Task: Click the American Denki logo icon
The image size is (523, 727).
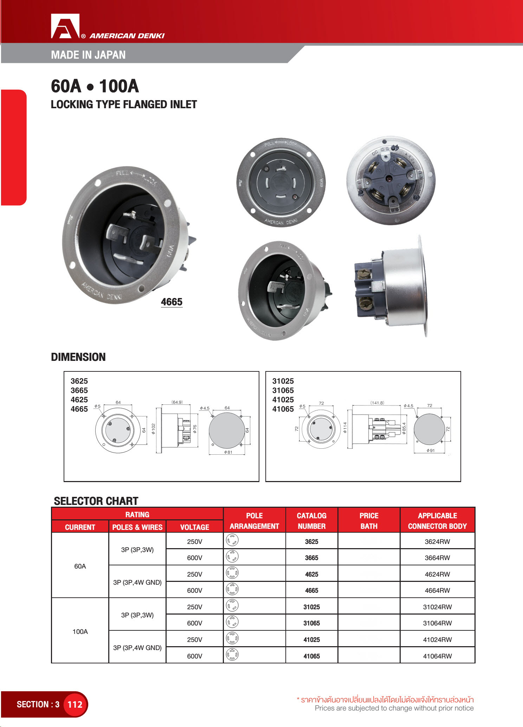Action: pos(65,26)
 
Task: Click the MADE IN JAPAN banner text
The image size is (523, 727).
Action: pos(88,55)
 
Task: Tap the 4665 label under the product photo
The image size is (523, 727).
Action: pos(172,302)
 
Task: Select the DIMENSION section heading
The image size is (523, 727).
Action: pos(78,357)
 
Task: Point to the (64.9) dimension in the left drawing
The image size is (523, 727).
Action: pos(177,402)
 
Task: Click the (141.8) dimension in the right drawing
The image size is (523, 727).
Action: pos(377,403)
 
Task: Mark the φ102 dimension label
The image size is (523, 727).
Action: pos(153,429)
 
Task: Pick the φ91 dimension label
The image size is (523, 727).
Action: pos(430,450)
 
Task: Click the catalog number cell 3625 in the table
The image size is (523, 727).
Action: pos(311,541)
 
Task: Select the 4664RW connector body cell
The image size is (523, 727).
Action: pos(437,590)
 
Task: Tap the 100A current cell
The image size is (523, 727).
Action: pos(80,631)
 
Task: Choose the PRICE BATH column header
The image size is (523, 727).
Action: pos(369,521)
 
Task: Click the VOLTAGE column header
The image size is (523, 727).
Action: pos(194,527)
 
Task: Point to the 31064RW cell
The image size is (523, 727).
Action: pos(437,623)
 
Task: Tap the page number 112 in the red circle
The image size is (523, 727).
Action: pos(75,704)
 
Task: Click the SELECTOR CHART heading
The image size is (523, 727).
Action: pos(96,501)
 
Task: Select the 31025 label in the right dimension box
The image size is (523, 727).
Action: pos(283,381)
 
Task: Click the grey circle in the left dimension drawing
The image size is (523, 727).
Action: pos(227,430)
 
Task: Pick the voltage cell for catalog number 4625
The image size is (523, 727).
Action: pos(194,574)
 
